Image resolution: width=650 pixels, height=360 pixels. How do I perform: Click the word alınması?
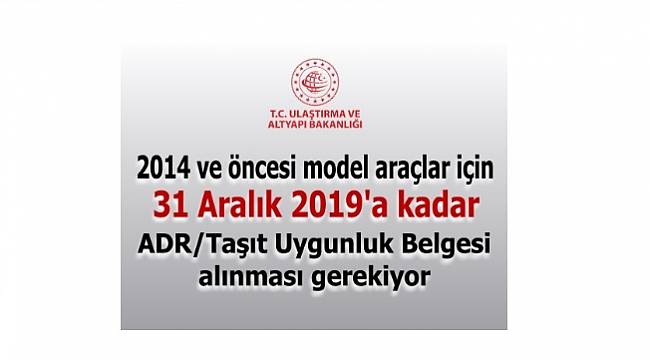pos(265,276)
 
